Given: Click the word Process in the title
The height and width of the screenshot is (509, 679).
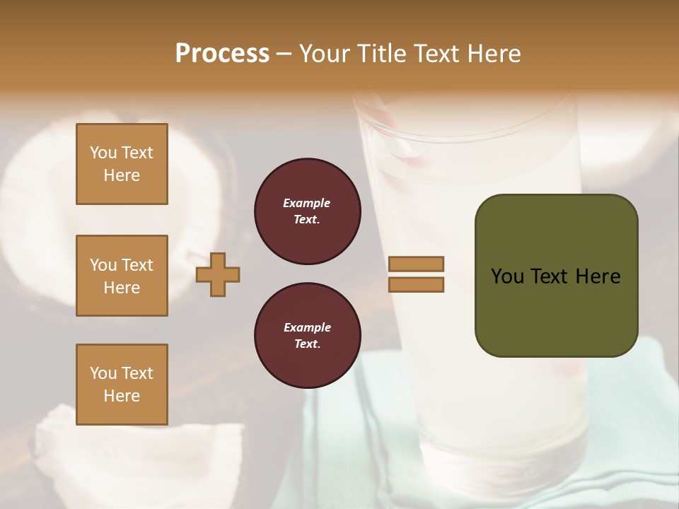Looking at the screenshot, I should [x=222, y=53].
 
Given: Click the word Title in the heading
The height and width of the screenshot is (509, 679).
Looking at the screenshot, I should [x=381, y=53].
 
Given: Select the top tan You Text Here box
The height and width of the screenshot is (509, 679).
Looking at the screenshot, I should [x=122, y=164].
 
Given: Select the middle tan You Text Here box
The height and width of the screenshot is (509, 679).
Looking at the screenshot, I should [x=122, y=276].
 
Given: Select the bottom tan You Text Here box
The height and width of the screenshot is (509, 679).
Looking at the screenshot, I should [x=122, y=385].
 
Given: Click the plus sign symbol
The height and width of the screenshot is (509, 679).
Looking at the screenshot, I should [x=218, y=276].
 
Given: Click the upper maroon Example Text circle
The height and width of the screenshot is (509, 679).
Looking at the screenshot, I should [x=307, y=211].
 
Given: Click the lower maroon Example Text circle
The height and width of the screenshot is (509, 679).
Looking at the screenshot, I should [x=307, y=336].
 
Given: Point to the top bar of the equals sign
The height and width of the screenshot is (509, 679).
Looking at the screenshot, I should [x=416, y=264].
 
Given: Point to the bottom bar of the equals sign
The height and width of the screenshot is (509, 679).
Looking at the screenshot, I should [x=416, y=285].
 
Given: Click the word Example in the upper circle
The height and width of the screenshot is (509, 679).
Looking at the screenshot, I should [x=307, y=204].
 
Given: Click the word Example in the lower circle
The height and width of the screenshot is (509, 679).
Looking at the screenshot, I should [x=307, y=328].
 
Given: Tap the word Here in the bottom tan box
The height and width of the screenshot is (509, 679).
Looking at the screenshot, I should [x=122, y=397].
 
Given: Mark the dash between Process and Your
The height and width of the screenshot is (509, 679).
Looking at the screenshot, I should [x=284, y=54].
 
